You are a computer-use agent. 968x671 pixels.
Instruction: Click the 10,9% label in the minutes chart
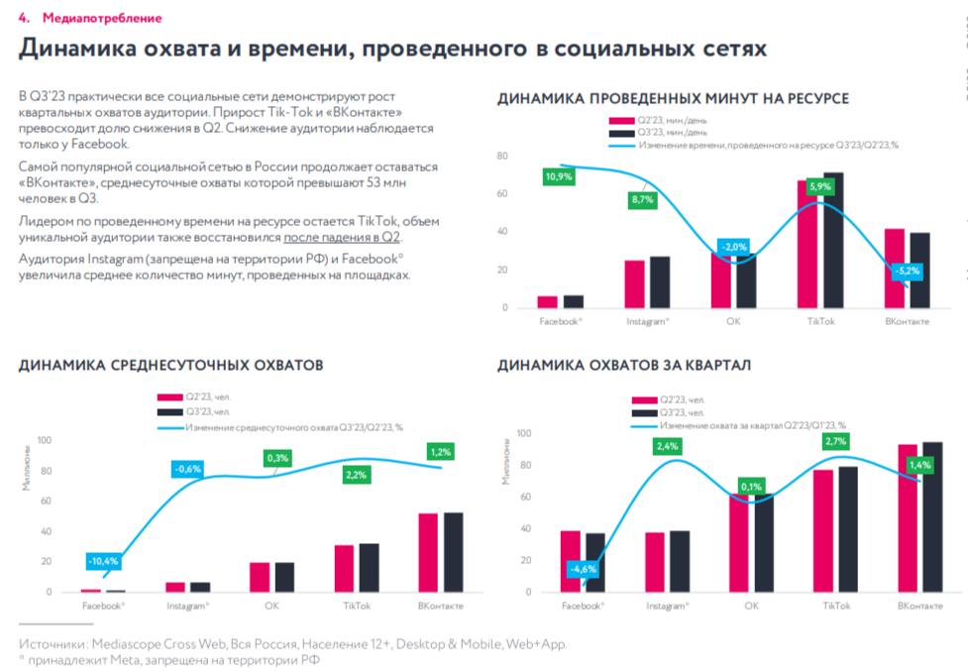pyautogui.click(x=558, y=176)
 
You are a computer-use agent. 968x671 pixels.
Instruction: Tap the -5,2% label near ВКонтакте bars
pyautogui.click(x=906, y=271)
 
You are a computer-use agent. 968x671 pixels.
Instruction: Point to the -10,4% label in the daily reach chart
pyautogui.click(x=103, y=561)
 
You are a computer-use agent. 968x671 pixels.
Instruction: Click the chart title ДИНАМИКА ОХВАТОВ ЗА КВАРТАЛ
pyautogui.click(x=623, y=366)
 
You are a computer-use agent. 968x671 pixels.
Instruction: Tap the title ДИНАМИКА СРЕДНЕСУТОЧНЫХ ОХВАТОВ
pyautogui.click(x=170, y=366)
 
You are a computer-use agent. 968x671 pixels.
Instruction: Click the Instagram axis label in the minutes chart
pyautogui.click(x=647, y=322)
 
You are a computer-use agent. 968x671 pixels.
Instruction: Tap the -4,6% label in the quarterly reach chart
pyautogui.click(x=583, y=569)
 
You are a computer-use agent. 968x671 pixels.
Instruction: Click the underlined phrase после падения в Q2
pyautogui.click(x=342, y=238)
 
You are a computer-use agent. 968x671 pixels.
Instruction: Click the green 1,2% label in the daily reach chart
pyautogui.click(x=440, y=452)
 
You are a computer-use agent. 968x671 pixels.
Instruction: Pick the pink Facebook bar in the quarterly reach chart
pyautogui.click(x=570, y=561)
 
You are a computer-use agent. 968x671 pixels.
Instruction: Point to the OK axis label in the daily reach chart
pyautogui.click(x=270, y=605)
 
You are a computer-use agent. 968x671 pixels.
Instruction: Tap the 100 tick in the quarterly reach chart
pyautogui.click(x=524, y=434)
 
